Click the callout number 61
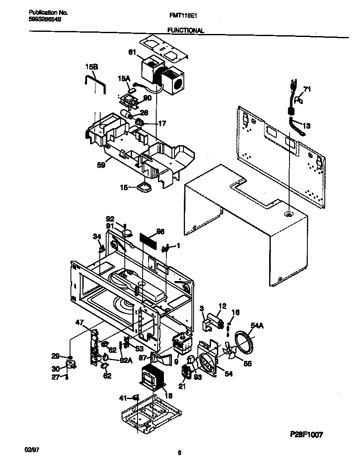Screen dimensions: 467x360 point(132,53)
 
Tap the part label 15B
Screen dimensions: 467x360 point(91,67)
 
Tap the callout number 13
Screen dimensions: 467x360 point(307,126)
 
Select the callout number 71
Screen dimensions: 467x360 point(307,90)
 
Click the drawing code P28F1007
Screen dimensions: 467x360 point(307,434)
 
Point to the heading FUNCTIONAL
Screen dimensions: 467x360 point(185,31)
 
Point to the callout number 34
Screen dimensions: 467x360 point(97,236)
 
